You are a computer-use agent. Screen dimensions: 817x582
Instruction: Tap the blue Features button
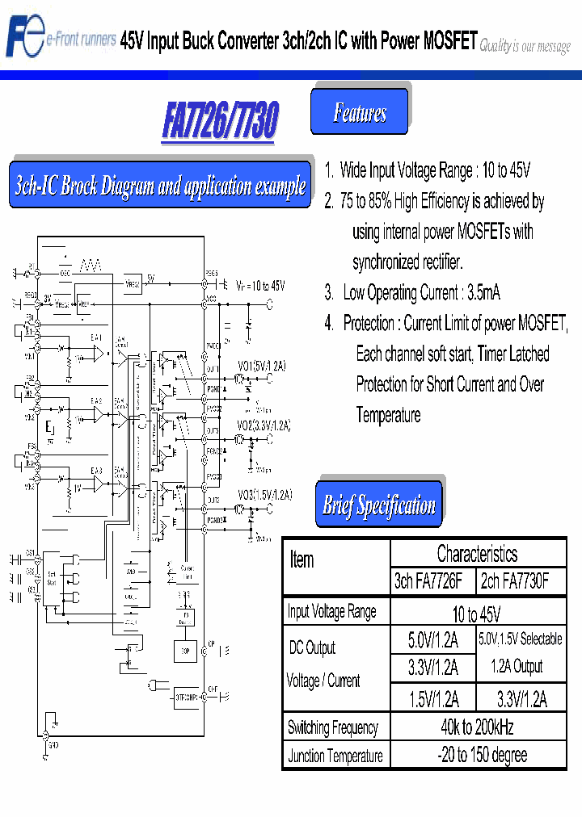[360, 112]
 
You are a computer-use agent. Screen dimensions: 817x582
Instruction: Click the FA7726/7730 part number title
[219, 121]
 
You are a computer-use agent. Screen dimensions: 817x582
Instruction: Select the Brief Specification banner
[379, 505]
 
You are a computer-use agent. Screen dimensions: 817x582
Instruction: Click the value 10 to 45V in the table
[476, 613]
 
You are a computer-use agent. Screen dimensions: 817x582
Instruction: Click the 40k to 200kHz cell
[476, 727]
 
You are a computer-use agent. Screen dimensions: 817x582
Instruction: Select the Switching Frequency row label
[333, 727]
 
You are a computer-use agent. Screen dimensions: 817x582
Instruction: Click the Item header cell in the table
[302, 559]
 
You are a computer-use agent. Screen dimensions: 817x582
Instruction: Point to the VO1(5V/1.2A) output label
[261, 366]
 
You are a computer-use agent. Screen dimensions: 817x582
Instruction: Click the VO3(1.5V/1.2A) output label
[264, 494]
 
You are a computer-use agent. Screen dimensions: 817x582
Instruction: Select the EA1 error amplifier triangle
[98, 354]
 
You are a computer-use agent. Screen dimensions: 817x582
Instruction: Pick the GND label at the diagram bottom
[53, 747]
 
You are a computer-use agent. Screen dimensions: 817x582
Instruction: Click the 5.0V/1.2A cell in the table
[432, 640]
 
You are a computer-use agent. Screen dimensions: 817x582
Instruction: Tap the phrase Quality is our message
[525, 47]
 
